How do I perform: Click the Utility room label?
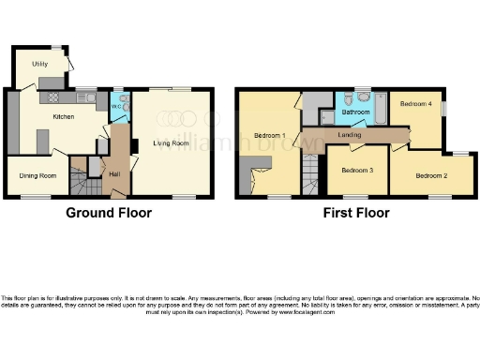click(x=38, y=63)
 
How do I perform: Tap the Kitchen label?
click(x=63, y=117)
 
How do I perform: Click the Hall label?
click(x=114, y=173)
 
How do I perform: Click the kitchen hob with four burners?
click(x=52, y=97)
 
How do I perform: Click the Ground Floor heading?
click(x=108, y=213)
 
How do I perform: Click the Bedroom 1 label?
click(x=271, y=137)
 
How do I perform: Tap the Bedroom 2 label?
click(x=431, y=174)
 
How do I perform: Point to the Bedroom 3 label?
click(x=356, y=170)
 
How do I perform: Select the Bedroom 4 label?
click(x=416, y=104)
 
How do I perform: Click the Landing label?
click(x=350, y=137)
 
